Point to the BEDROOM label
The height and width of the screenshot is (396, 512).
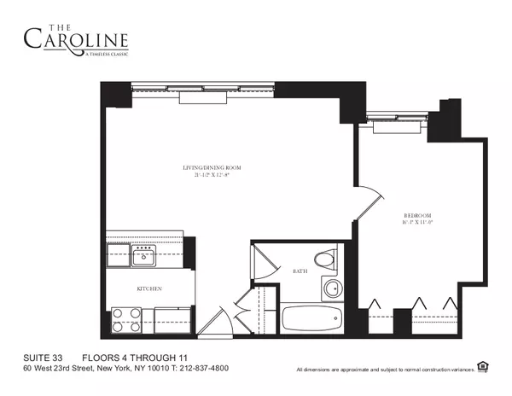tap(417, 215)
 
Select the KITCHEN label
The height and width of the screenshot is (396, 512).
tap(149, 288)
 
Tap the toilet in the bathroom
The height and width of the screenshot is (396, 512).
tap(324, 259)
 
